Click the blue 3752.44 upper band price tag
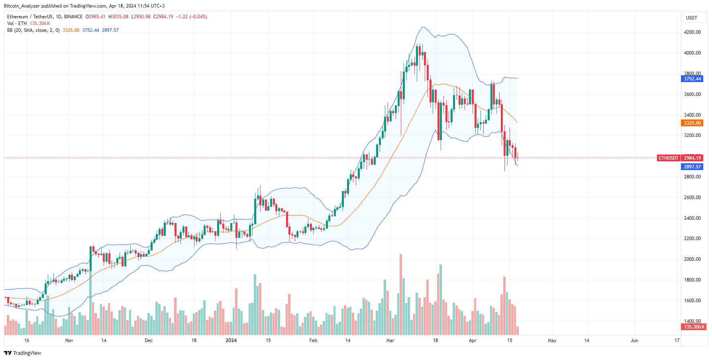click(x=692, y=79)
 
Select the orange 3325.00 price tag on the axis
click(x=692, y=123)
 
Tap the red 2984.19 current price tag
click(x=692, y=158)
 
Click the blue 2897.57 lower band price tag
click(x=692, y=167)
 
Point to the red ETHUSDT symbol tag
click(x=668, y=158)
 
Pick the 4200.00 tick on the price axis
click(x=692, y=32)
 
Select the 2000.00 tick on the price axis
click(x=692, y=259)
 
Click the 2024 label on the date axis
click(x=231, y=340)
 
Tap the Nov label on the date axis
click(x=69, y=340)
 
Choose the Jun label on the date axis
click(x=634, y=340)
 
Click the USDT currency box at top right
click(x=692, y=18)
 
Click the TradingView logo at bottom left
click(x=23, y=353)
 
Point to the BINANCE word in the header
click(x=73, y=17)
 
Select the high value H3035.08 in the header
click(x=118, y=17)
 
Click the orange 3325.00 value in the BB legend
click(x=71, y=30)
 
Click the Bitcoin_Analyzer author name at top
click(x=22, y=6)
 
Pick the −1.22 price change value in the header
click(x=182, y=17)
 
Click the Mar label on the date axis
click(x=390, y=340)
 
